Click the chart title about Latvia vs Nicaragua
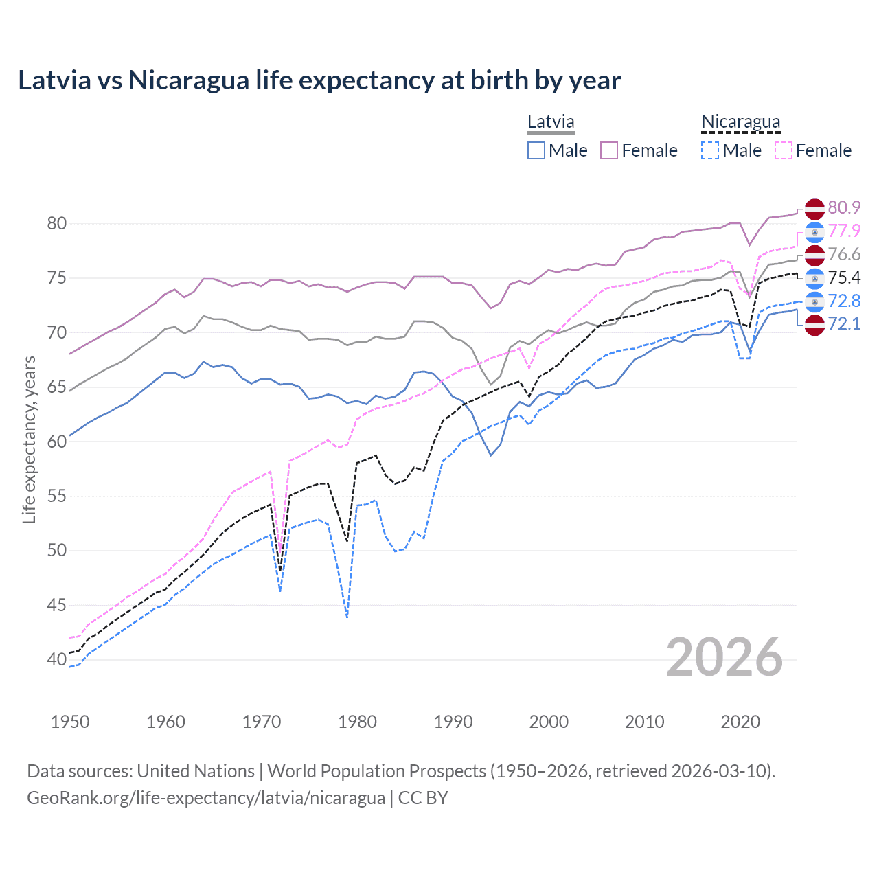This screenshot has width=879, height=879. (x=319, y=80)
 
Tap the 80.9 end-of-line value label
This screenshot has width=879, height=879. (x=844, y=207)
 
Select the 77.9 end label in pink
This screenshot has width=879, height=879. (x=844, y=231)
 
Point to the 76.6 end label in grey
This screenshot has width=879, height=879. (x=844, y=254)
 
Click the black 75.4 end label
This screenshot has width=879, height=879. (x=844, y=277)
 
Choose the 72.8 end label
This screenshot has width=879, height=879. (x=844, y=301)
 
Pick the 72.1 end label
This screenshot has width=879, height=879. (x=844, y=323)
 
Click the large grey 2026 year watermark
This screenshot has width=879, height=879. (x=724, y=657)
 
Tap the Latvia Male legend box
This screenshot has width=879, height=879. (x=536, y=150)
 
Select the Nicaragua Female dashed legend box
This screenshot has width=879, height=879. (x=784, y=150)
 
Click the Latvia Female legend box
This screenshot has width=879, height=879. (x=609, y=150)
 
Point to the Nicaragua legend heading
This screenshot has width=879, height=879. (x=740, y=122)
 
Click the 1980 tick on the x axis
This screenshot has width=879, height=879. (x=357, y=722)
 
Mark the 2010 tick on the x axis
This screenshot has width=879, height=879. (x=644, y=722)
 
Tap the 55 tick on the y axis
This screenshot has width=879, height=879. (x=57, y=496)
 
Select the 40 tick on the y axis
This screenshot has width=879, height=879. (x=57, y=659)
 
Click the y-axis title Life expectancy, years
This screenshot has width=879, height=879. (x=29, y=439)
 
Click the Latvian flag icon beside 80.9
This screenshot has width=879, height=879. (x=814, y=208)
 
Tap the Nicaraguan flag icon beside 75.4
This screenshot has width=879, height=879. (x=814, y=278)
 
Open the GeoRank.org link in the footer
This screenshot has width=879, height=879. (x=206, y=798)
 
